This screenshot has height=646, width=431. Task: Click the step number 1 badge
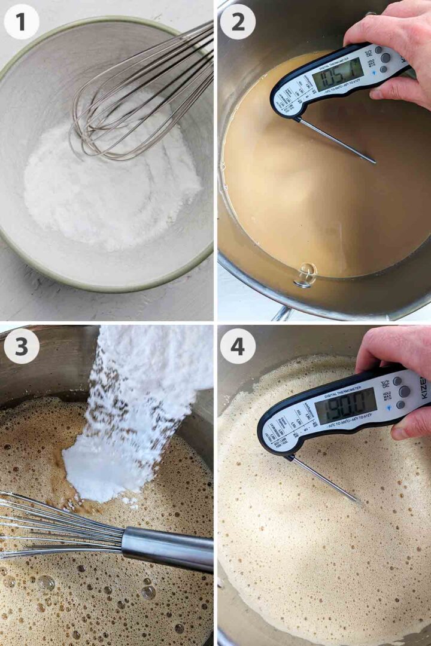click(x=22, y=22)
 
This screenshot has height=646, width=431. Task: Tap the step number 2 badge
click(x=237, y=22)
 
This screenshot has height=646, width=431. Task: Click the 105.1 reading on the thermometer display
click(x=339, y=75)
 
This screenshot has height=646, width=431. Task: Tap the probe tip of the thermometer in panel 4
click(x=357, y=501)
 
